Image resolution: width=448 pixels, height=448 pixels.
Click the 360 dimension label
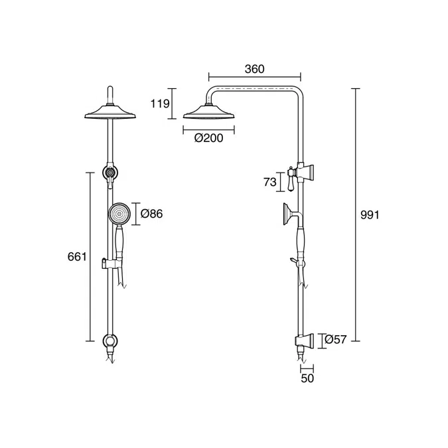(255, 69)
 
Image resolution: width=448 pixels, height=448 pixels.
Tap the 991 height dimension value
(370, 215)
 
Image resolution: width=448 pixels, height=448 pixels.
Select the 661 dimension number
(77, 257)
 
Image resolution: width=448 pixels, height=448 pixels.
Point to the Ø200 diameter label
(209, 138)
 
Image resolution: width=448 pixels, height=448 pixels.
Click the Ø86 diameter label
(152, 214)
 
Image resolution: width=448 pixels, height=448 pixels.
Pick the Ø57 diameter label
(336, 339)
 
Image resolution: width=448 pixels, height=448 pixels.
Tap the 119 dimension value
(161, 104)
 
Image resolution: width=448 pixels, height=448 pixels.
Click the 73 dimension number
(270, 182)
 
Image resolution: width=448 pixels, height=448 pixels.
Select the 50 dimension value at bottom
(307, 378)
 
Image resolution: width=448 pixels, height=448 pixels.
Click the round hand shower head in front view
(119, 214)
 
